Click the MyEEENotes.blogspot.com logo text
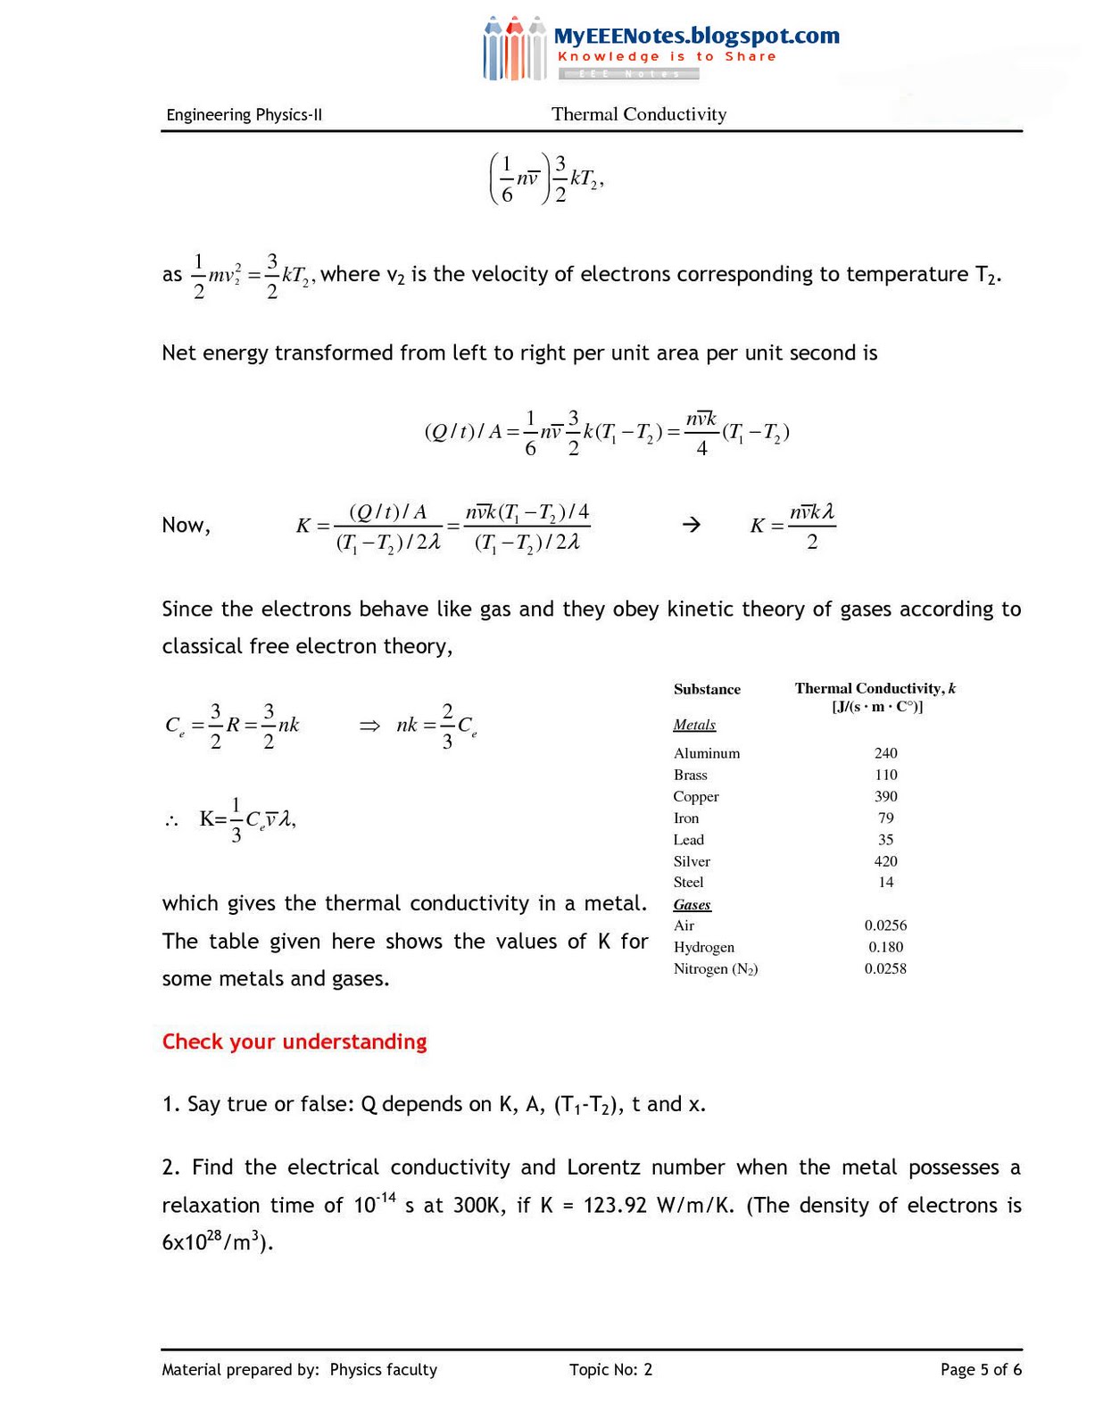[696, 36]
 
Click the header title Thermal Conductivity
[639, 114]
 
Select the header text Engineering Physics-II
[244, 115]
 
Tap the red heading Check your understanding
[294, 1042]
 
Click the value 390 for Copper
[885, 796]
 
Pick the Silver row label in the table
[692, 861]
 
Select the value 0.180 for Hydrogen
[885, 947]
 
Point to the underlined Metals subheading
[694, 725]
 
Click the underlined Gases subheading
[692, 905]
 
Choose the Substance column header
[707, 689]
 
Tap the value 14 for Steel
[885, 882]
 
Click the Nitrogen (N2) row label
[716, 969]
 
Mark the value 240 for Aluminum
[885, 753]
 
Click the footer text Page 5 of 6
[981, 1370]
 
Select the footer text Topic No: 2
[610, 1370]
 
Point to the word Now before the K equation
[186, 526]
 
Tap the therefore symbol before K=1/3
[171, 821]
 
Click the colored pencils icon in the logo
[514, 49]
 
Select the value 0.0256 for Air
[885, 926]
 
